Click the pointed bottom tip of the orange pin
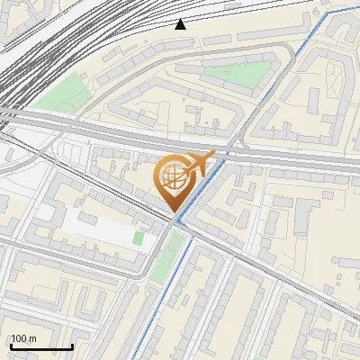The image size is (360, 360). click(x=174, y=211)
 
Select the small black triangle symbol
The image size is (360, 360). click(x=180, y=24)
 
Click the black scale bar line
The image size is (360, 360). click(x=40, y=347)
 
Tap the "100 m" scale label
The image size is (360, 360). click(x=24, y=339)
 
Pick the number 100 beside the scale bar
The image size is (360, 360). click(x=20, y=339)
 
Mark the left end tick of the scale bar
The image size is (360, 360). click(x=10, y=346)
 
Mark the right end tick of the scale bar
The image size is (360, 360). click(x=72, y=346)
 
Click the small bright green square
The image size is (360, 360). click(x=139, y=238)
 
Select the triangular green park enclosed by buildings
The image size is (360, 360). click(x=237, y=74)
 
